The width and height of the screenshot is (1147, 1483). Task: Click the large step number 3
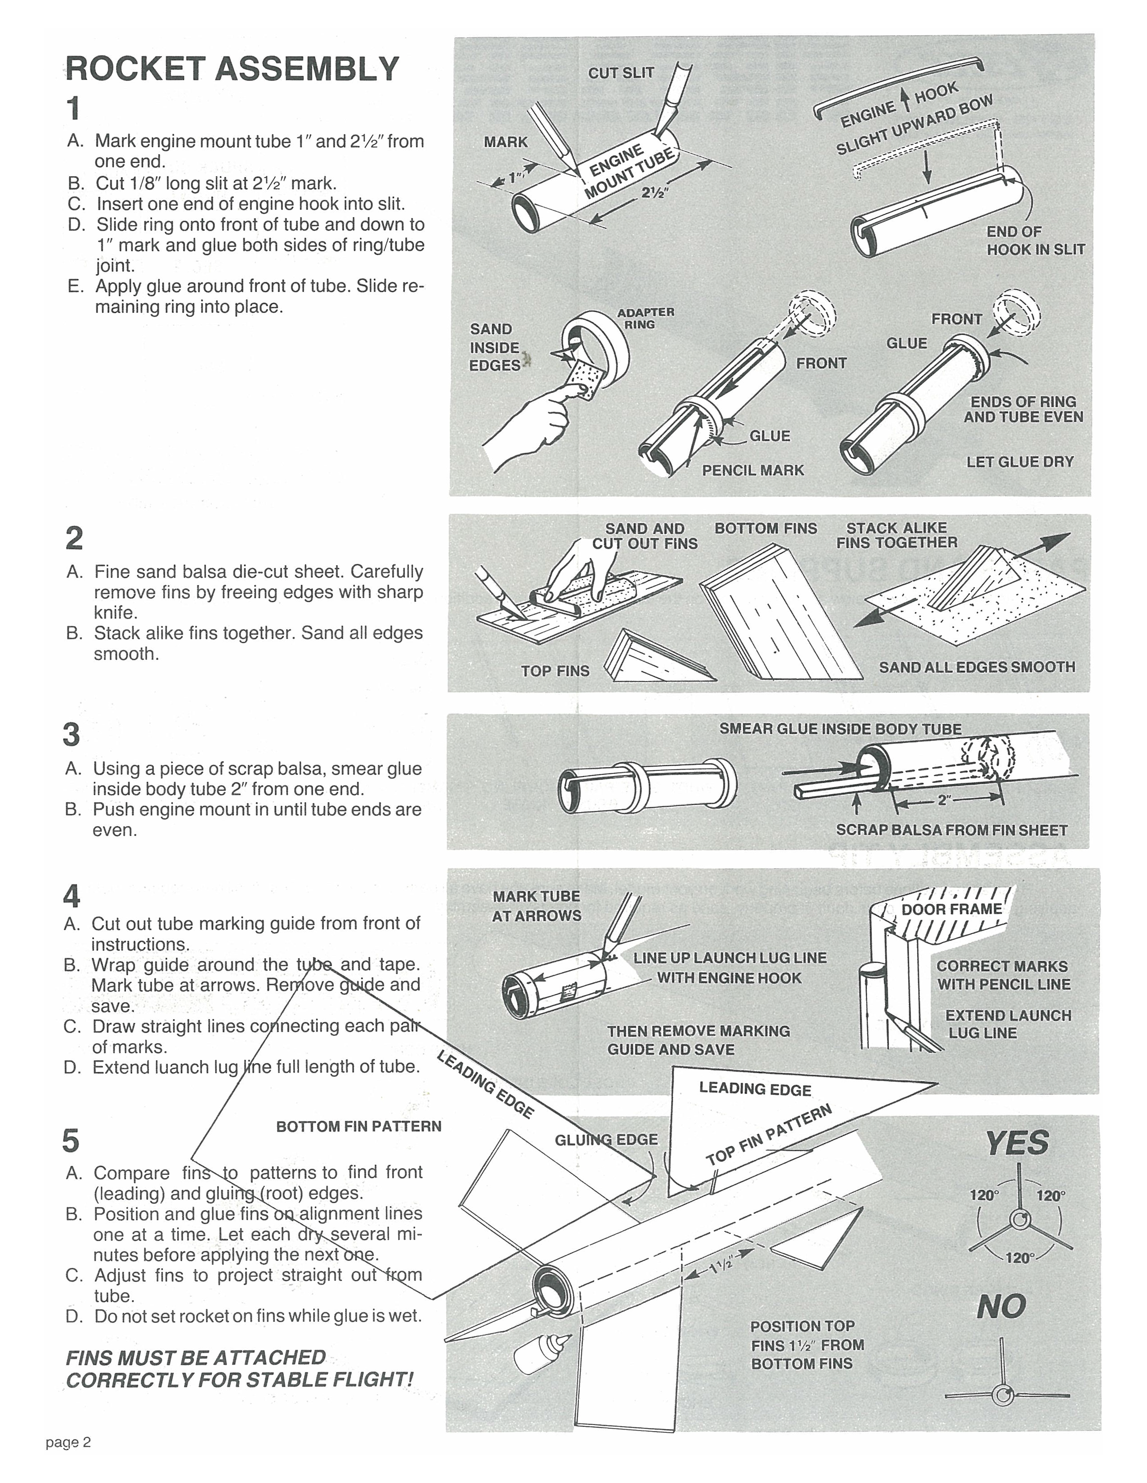(72, 735)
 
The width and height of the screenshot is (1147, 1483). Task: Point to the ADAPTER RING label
(645, 318)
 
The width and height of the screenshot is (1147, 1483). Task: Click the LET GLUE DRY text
(1019, 462)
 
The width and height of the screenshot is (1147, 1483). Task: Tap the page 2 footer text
(68, 1443)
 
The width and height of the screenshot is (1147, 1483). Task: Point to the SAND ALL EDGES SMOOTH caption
(977, 667)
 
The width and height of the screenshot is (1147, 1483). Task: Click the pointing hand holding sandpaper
(537, 421)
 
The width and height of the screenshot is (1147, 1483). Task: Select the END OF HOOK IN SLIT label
(1035, 240)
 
